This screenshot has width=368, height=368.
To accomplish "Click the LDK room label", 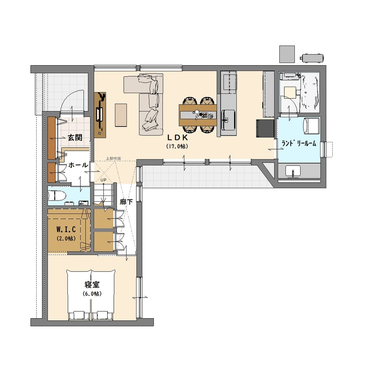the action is tap(177, 137).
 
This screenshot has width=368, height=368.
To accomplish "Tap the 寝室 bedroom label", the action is tap(92, 284).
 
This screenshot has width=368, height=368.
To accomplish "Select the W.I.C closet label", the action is tap(66, 229).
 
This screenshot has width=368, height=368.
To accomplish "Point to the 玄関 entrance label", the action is tap(75, 138).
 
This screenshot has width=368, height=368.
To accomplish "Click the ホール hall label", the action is tap(78, 165).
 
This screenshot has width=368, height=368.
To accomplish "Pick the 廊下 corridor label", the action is tap(126, 202).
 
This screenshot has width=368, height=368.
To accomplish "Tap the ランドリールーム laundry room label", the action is tap(299, 143).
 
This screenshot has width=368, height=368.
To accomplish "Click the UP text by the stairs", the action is tap(103, 180).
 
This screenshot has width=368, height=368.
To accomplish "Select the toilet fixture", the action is tap(57, 195).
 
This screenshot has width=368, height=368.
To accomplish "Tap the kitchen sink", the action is tap(228, 120).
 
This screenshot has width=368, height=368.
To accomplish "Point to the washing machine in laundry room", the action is tap(311, 126).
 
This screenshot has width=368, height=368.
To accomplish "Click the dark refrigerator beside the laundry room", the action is tap(265, 128).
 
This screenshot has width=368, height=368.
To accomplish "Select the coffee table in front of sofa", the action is tap(121, 115).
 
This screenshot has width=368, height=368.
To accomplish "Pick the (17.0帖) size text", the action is tap(177, 146).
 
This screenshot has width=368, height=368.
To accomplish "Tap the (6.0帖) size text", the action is tap(92, 294).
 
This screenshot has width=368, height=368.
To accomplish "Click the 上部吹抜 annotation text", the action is tap(113, 158).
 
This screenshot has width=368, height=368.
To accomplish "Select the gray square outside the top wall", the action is tap(287, 54).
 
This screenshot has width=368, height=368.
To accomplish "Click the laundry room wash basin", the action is tap(292, 171).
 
